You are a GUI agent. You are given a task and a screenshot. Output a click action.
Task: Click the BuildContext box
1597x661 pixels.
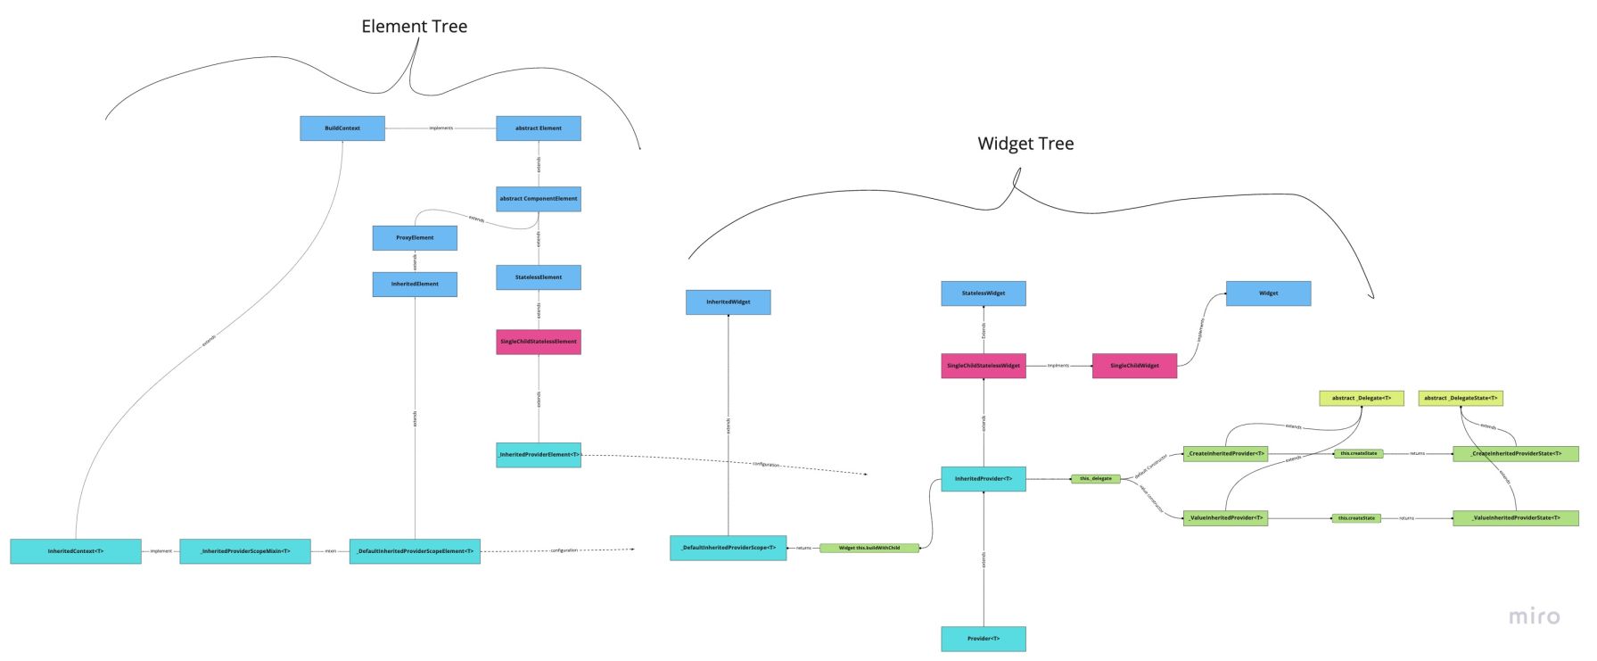tap(342, 128)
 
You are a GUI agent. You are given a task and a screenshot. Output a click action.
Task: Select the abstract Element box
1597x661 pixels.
tap(539, 128)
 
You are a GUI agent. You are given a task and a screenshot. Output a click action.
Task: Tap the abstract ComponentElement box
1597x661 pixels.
tap(539, 199)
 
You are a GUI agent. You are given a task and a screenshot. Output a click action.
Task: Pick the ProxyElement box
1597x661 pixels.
tap(415, 238)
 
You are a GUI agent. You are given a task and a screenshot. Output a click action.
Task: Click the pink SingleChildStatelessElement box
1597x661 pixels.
tap(539, 342)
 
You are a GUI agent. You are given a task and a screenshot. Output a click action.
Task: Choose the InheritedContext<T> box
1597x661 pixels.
tap(76, 551)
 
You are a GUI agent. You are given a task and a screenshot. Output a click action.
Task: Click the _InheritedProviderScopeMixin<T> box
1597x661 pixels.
tap(245, 551)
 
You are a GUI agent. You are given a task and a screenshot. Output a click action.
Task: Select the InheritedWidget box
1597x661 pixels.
tap(729, 302)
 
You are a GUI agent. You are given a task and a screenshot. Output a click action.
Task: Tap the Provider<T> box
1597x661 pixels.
tap(984, 639)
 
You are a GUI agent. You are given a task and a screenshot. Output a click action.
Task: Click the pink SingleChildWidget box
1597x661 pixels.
tap(1134, 366)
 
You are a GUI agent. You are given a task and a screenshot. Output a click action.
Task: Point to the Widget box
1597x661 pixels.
tap(1268, 293)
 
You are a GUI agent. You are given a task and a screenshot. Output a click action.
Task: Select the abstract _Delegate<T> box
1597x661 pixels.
tap(1362, 398)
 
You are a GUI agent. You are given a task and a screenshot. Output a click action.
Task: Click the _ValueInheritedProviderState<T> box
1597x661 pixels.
tap(1516, 518)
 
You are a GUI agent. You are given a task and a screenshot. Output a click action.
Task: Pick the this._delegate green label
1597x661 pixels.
tap(1096, 479)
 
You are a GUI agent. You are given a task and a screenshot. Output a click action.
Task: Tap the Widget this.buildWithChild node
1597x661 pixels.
tap(869, 548)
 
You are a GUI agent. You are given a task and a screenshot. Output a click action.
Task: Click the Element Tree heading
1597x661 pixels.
tap(414, 27)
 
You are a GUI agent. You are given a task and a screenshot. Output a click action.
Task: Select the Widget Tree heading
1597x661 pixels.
tap(1025, 144)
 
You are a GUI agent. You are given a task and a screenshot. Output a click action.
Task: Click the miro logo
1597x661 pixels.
tap(1535, 616)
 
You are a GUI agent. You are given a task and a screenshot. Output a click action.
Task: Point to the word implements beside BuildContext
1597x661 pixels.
tap(440, 128)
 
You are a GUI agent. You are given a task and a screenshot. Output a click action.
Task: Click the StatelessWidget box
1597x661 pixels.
tap(984, 293)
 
